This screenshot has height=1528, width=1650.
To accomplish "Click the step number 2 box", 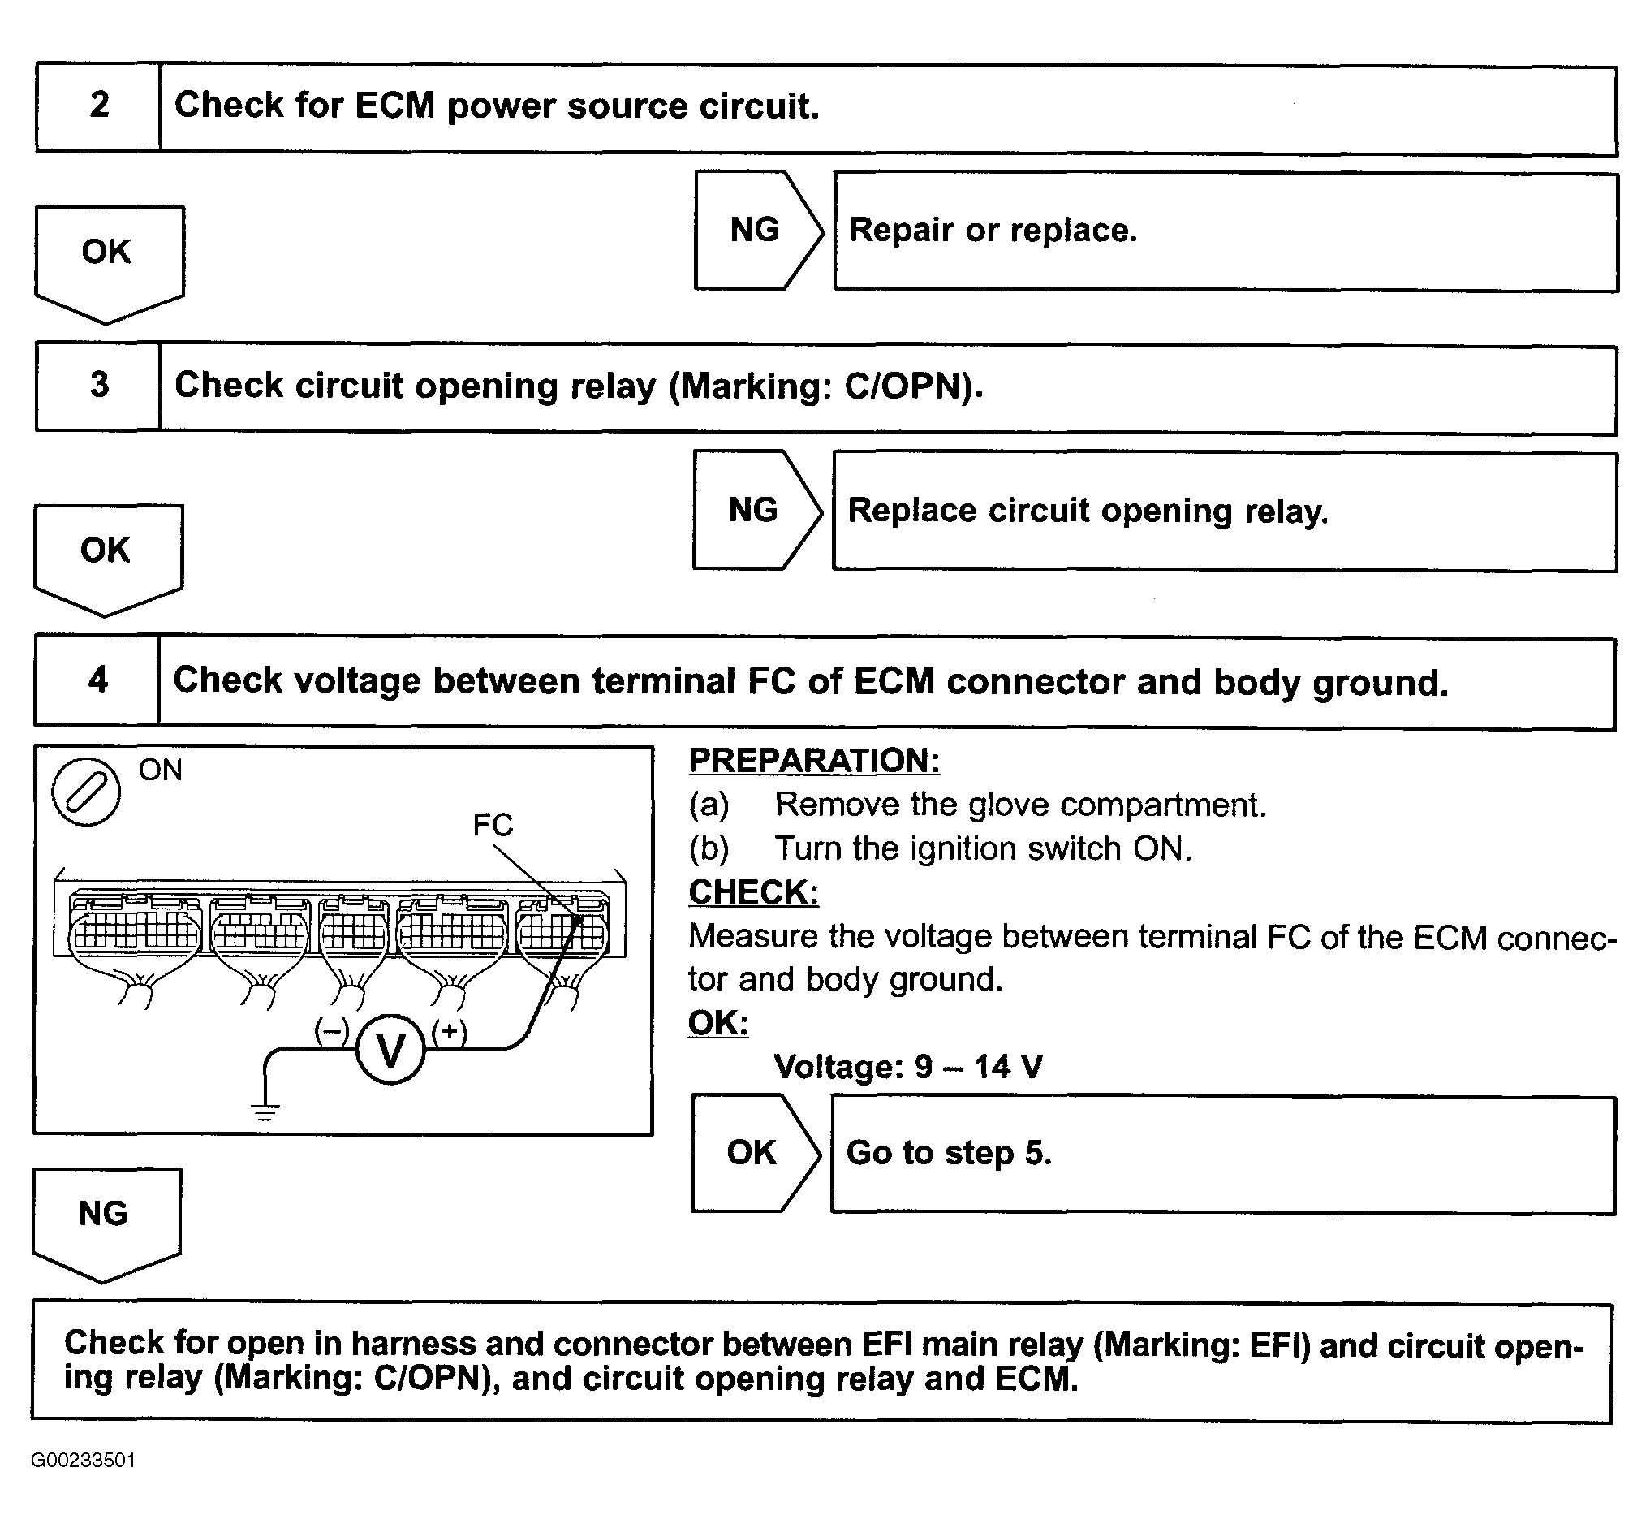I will click(x=98, y=106).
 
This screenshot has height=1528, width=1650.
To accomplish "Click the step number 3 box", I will click(x=98, y=386).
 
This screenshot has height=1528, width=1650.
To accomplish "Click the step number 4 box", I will click(x=97, y=680).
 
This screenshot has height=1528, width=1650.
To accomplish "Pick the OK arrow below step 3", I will click(x=106, y=555).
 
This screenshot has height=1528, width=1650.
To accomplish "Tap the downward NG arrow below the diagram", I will click(x=105, y=1219).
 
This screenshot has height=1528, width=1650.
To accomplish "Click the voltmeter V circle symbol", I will click(x=391, y=1050).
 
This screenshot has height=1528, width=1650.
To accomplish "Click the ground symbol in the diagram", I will click(x=265, y=1112).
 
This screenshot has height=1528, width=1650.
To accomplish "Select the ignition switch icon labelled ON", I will click(x=86, y=792).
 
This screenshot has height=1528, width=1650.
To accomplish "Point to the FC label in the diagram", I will click(x=493, y=824).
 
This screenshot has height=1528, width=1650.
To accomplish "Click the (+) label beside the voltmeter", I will click(x=449, y=1031).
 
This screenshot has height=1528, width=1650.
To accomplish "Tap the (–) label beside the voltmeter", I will click(x=332, y=1031).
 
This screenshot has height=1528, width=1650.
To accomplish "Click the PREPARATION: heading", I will click(x=814, y=761).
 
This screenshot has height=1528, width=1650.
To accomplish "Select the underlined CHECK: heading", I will click(x=753, y=892).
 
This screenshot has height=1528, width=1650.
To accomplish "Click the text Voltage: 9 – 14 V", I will click(x=907, y=1067).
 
